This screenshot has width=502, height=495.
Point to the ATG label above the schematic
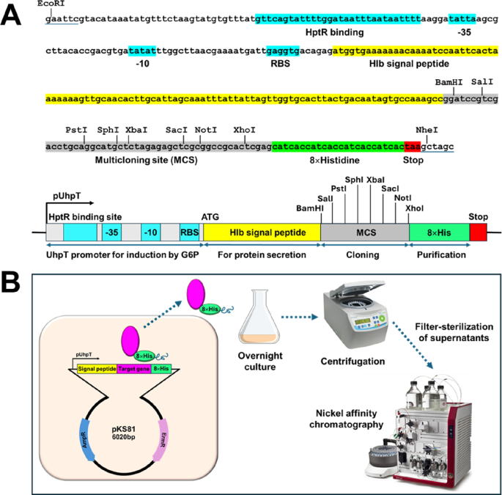pos(210,214)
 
